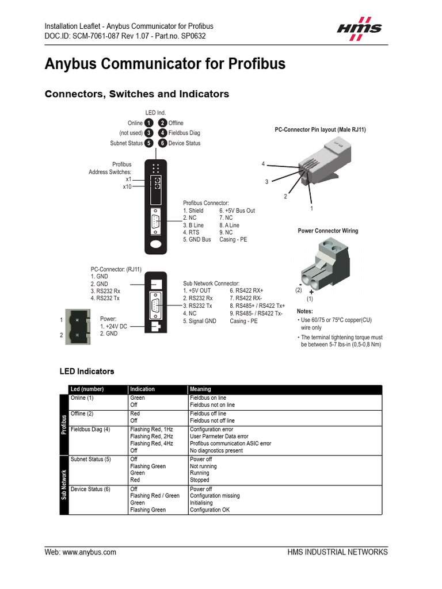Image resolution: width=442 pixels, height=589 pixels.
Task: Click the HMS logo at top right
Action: (x=359, y=28)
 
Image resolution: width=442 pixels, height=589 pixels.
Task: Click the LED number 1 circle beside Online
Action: (x=148, y=123)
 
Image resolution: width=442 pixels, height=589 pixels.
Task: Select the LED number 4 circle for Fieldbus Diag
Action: (x=163, y=133)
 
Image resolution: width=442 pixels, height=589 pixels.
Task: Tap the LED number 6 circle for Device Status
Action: (x=163, y=143)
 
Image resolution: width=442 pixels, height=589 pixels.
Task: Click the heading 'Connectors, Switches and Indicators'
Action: (x=137, y=94)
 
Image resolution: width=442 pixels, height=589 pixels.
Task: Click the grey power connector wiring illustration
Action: (x=324, y=261)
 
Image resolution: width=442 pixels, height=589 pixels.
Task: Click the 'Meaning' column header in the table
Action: (x=200, y=389)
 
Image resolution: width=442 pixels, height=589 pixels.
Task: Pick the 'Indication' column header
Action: (x=142, y=389)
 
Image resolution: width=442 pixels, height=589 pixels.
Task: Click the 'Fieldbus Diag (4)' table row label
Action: (x=90, y=430)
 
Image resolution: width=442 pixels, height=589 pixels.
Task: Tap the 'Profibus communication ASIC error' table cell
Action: (x=230, y=443)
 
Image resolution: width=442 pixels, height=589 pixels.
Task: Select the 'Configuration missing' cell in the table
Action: (x=215, y=496)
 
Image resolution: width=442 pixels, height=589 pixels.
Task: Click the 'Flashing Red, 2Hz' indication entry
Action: (x=151, y=437)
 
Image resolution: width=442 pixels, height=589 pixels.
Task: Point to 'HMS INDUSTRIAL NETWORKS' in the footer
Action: (x=337, y=552)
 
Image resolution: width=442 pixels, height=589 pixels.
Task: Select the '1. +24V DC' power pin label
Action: (x=113, y=326)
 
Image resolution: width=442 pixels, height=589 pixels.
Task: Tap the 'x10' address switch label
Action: (x=127, y=186)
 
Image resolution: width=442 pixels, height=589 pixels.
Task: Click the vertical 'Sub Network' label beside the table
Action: (x=64, y=484)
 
